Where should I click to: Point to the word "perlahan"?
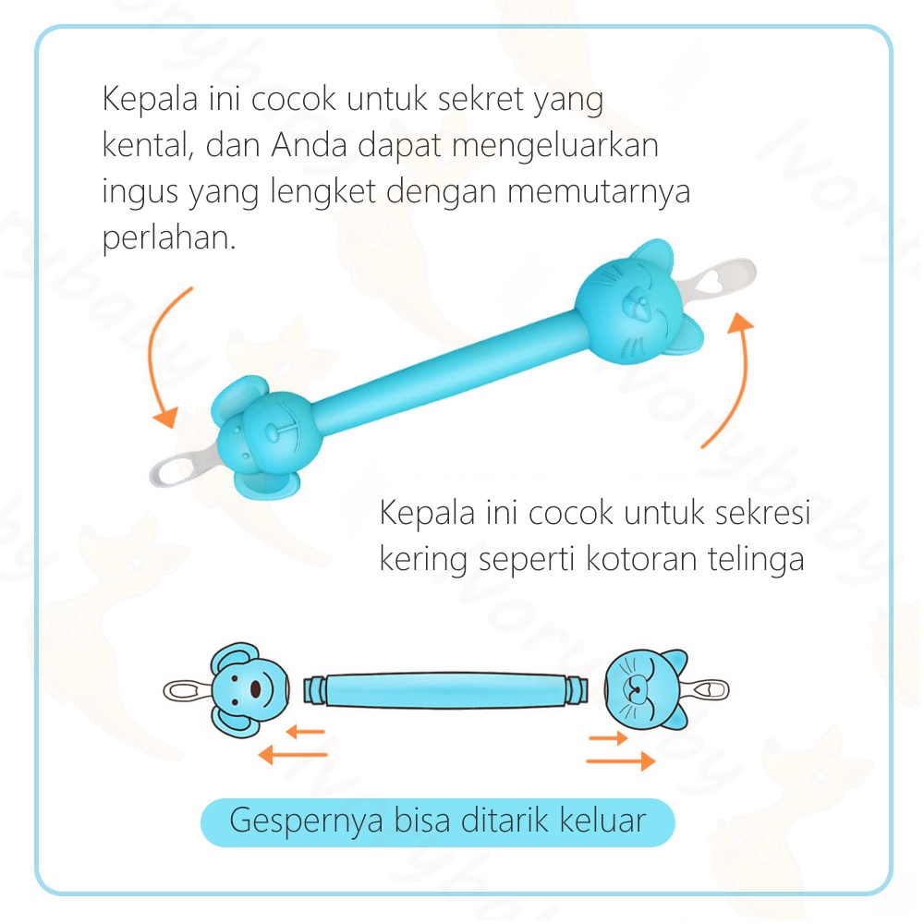pos(164,238)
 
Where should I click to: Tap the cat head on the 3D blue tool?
pos(634,300)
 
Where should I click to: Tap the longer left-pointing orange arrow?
pos(293,755)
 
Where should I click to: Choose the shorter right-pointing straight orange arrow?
pos(608,738)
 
